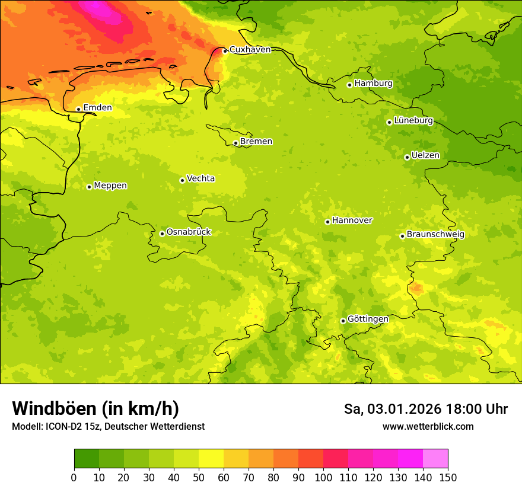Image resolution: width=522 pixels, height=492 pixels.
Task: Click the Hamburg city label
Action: (x=373, y=84)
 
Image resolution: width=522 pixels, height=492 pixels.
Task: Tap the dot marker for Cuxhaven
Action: (x=225, y=51)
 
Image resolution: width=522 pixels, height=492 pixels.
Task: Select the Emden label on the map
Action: (x=97, y=108)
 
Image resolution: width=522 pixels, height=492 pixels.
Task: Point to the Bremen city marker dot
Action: (x=235, y=143)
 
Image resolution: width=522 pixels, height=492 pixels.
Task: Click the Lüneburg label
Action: (x=413, y=120)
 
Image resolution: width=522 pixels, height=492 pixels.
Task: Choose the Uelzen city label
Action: (x=425, y=155)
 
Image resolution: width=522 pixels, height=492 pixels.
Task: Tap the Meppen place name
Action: (x=110, y=186)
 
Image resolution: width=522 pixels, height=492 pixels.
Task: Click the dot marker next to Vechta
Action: (x=182, y=180)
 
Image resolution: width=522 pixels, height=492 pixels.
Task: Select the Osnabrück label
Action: (x=189, y=232)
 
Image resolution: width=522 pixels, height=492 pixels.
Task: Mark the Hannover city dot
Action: (x=327, y=222)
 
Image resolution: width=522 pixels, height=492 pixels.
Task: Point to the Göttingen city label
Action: (x=368, y=319)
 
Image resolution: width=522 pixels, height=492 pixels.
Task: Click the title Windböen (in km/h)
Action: (x=96, y=408)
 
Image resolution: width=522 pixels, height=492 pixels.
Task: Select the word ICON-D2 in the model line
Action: (x=65, y=427)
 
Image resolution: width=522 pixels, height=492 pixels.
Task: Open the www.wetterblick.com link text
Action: (x=428, y=427)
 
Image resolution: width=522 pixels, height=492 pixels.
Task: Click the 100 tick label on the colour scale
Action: (x=323, y=477)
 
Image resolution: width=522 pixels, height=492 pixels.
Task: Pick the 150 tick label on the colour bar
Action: (x=448, y=477)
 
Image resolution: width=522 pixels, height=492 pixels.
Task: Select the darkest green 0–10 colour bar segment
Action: (x=87, y=458)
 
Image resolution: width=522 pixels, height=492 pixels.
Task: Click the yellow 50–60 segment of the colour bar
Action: (x=211, y=458)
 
